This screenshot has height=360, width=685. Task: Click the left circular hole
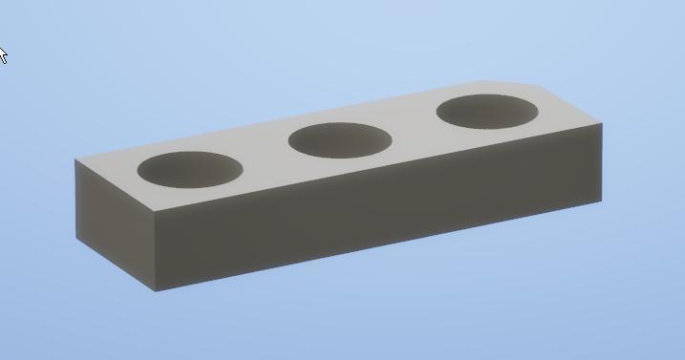point(189,169)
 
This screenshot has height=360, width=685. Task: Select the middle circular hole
point(340,140)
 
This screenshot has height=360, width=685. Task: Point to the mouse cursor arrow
point(3,53)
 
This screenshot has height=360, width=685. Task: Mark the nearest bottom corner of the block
point(156,291)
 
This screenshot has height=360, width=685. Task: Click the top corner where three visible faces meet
point(156,211)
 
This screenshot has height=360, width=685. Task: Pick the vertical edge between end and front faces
point(156,251)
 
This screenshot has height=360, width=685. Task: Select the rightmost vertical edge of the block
point(602,162)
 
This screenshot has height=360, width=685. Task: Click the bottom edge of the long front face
point(382,246)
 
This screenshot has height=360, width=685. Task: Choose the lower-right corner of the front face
point(601,201)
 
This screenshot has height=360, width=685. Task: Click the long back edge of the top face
point(287,118)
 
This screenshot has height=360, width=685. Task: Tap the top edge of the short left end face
point(115,184)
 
